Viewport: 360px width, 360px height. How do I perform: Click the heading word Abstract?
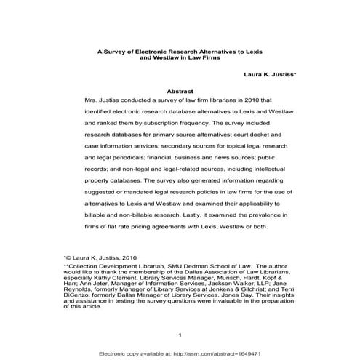tap(179, 91)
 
